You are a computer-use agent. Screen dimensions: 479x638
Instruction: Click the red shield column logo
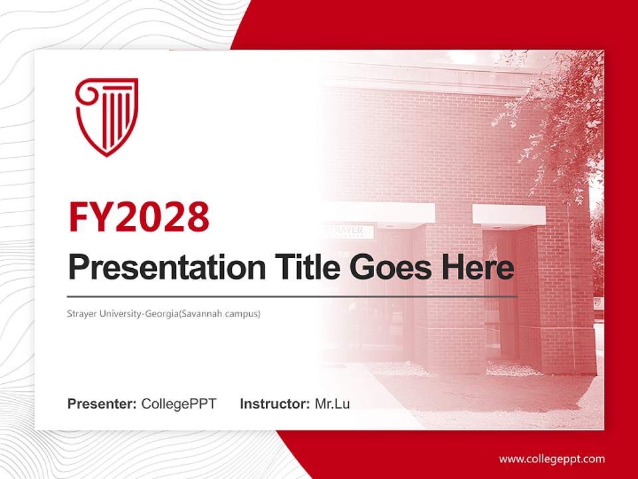106,116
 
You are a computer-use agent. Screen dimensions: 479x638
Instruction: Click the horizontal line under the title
292,296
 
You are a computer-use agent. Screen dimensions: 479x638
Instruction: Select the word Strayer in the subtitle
81,313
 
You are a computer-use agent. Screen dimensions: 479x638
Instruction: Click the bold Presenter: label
102,404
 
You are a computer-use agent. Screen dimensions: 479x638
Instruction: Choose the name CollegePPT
179,404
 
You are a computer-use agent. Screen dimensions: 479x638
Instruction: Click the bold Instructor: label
275,404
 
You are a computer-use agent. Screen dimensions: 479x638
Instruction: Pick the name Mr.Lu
332,404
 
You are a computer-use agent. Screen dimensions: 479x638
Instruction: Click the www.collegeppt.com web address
552,458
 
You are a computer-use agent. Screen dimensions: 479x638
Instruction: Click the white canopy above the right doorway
508,214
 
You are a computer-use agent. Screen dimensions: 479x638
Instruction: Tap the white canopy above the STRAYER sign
379,213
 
